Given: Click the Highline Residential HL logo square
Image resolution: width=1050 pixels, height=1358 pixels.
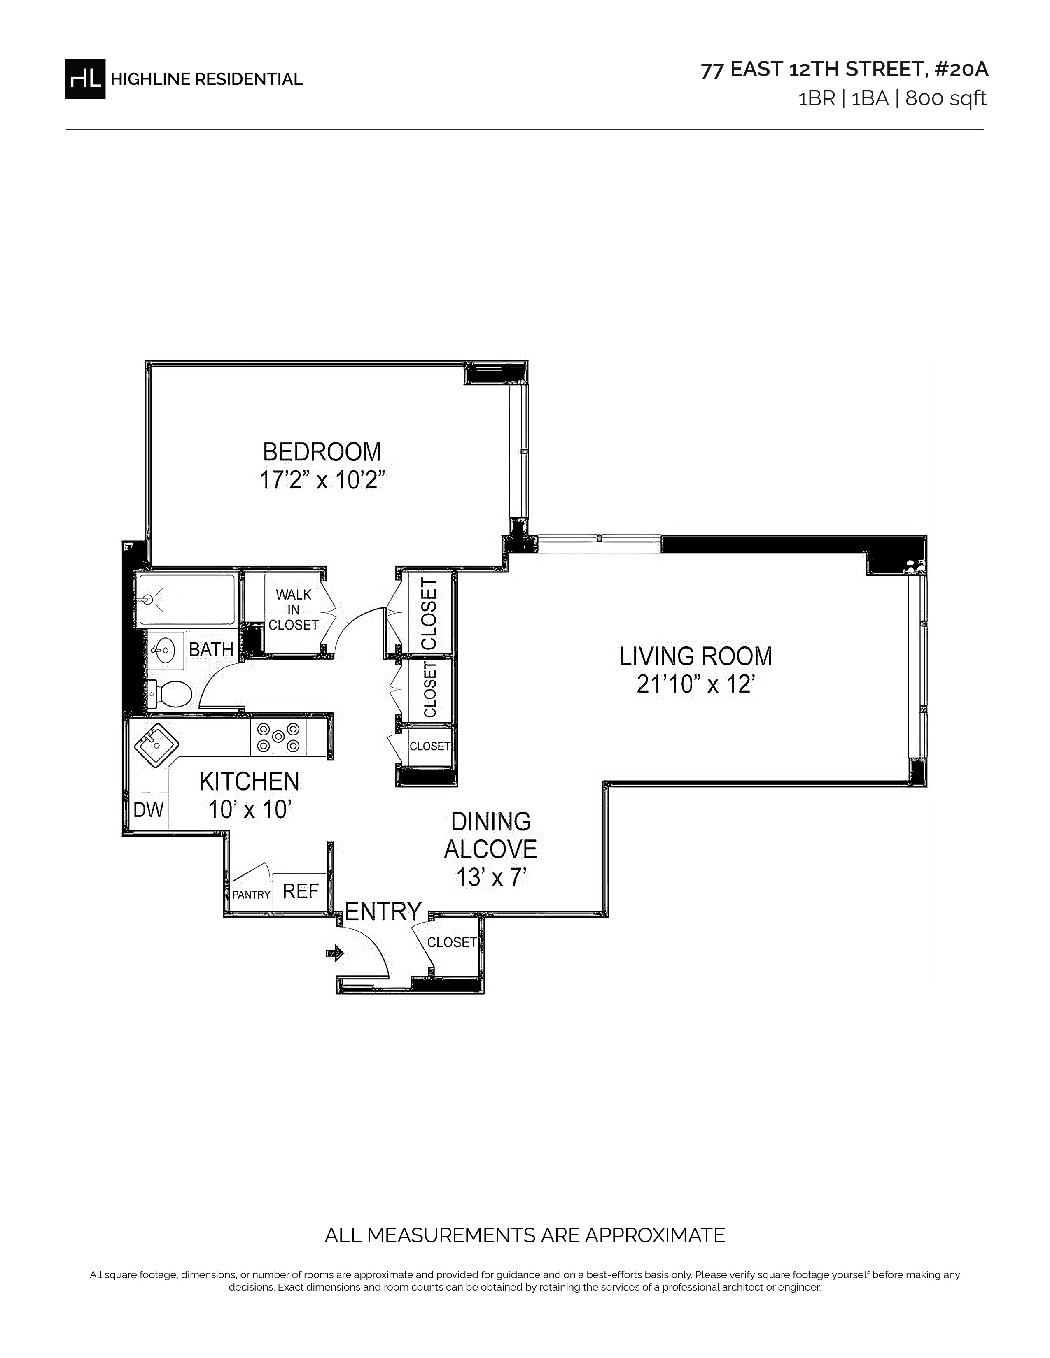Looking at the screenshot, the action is tap(85, 78).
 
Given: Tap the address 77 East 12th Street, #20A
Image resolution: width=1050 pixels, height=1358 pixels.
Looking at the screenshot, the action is tap(844, 70).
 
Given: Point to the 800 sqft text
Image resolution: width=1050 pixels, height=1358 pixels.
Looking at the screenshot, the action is tap(945, 99).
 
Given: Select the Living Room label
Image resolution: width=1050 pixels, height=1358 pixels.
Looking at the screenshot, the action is tap(695, 657).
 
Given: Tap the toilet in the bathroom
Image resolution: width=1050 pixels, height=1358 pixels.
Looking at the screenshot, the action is tap(169, 694).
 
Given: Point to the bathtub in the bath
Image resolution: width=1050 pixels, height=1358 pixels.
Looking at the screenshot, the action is tap(187, 600).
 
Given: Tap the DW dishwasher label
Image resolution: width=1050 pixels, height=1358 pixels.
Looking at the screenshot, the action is tap(149, 809).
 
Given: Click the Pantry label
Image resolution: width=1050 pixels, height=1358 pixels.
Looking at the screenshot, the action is tap(251, 895).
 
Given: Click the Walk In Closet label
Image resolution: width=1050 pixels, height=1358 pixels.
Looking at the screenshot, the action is tap(294, 609).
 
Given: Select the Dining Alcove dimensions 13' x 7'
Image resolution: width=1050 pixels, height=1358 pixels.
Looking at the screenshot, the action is tap(491, 877).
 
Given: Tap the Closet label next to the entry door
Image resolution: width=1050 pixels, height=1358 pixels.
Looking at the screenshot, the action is tap(452, 943).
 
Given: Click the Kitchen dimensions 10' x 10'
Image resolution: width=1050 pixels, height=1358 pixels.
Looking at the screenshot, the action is tap(250, 809).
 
